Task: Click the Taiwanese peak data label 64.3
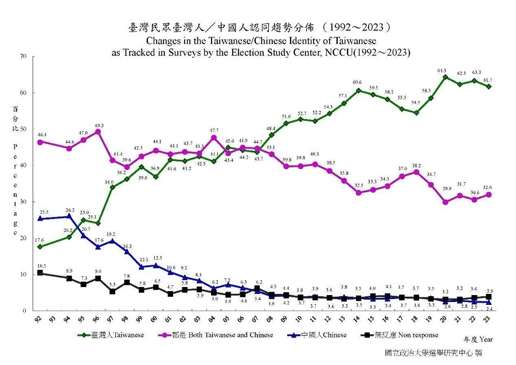(442, 70)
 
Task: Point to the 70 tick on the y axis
(23, 56)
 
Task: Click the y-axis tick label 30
(23, 202)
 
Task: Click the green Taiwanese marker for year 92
(40, 247)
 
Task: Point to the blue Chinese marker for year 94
(69, 216)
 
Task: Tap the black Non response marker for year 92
(40, 273)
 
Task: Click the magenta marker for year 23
(488, 194)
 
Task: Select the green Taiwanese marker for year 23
(488, 87)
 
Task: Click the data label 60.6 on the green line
(357, 83)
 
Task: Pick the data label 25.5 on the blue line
(42, 212)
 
